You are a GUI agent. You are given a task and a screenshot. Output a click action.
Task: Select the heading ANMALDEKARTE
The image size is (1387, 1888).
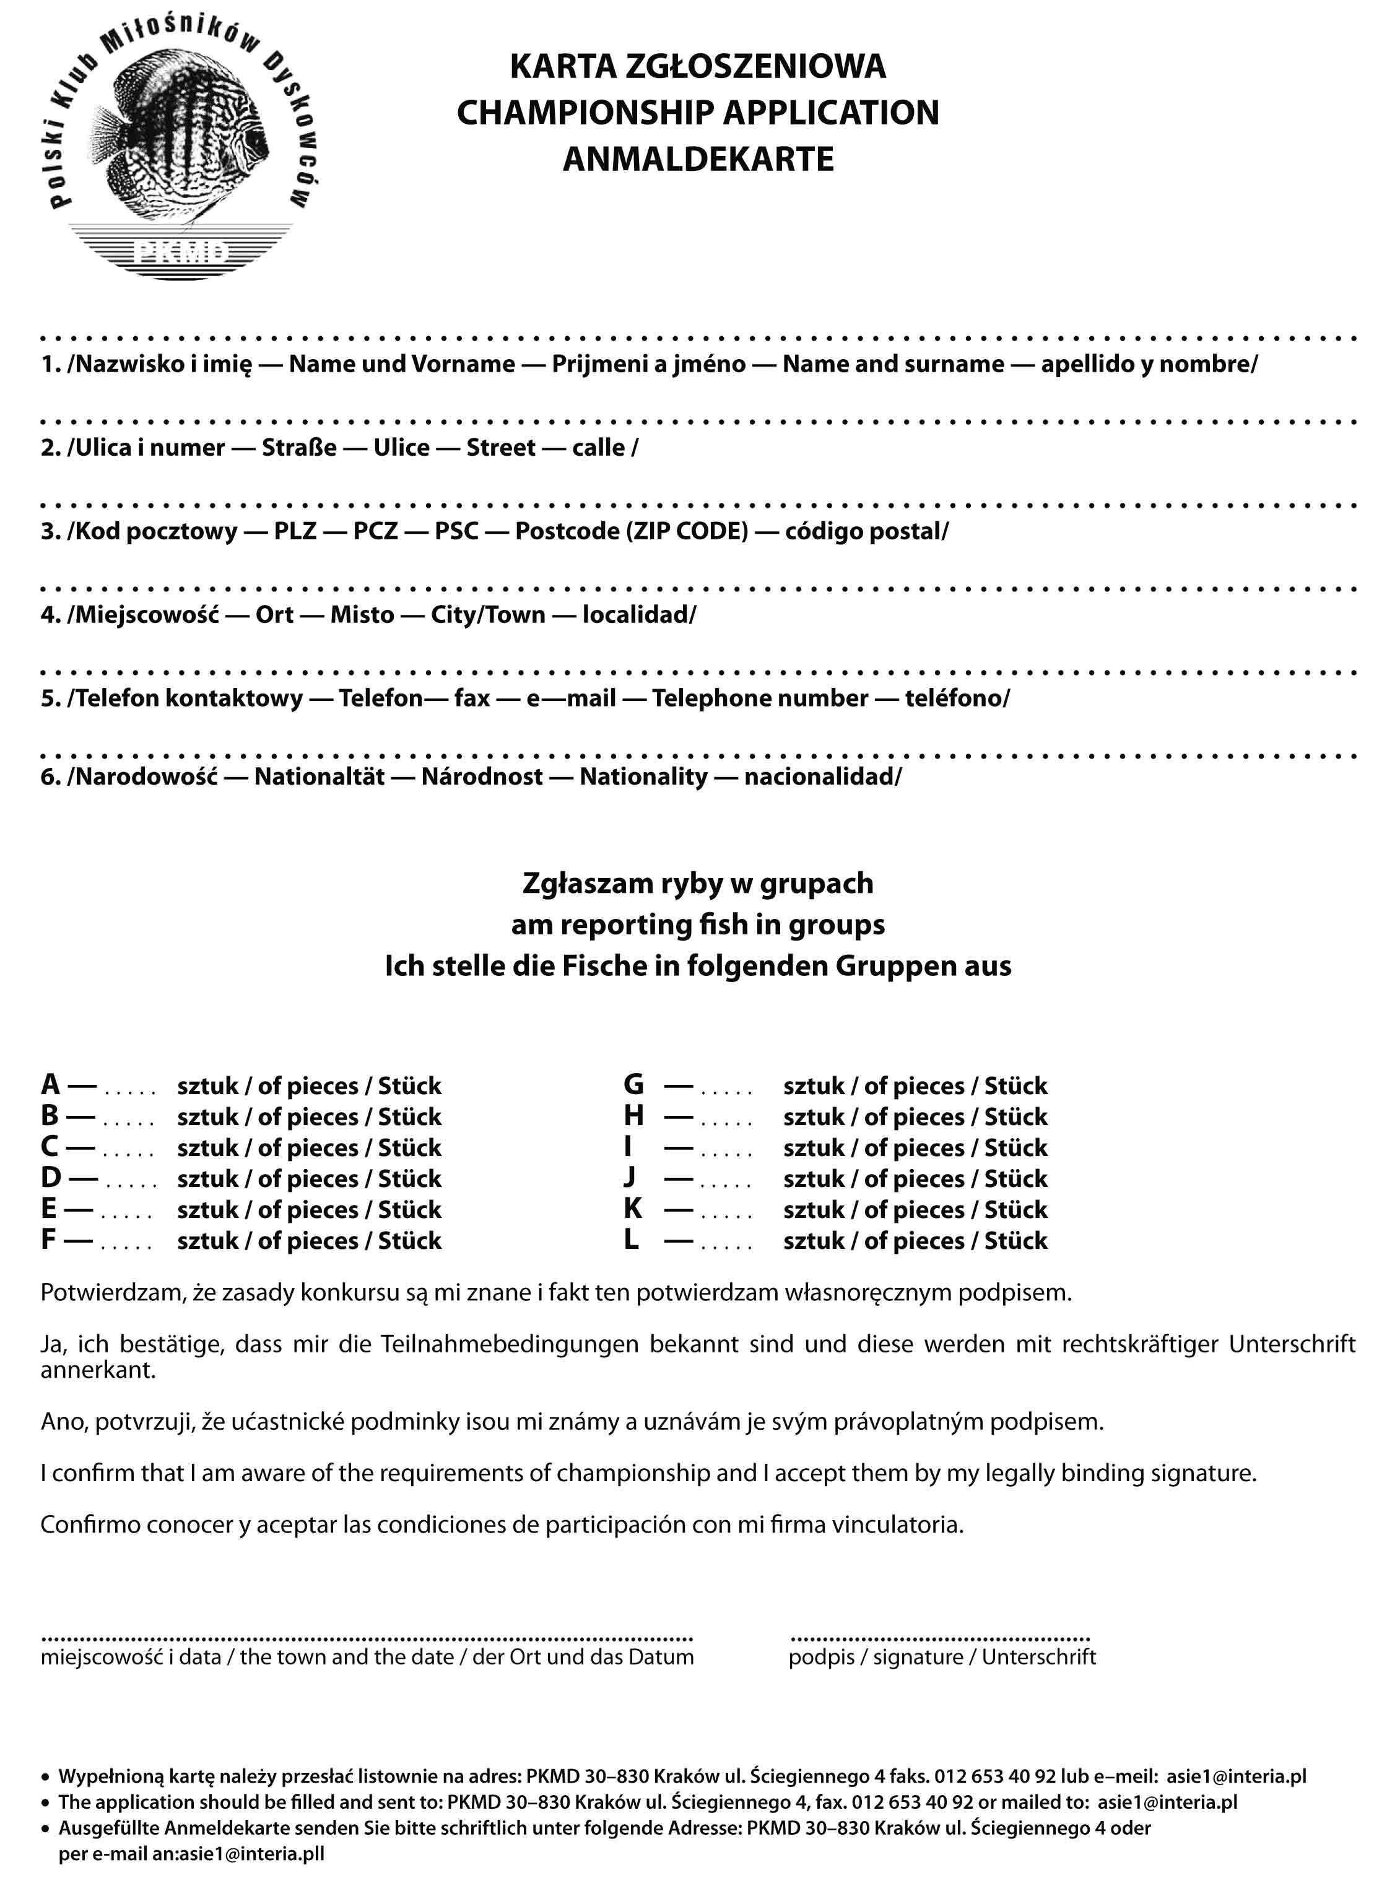point(698,159)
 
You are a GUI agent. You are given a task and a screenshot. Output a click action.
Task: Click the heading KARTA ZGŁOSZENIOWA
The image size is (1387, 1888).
point(698,66)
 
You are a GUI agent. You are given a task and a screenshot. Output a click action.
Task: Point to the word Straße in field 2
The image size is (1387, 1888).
point(299,448)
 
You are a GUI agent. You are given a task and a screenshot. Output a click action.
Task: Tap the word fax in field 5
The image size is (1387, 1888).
point(472,698)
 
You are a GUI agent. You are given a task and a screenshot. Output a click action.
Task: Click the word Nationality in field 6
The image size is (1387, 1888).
point(643,777)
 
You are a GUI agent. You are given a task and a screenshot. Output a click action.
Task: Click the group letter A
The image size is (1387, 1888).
point(50,1085)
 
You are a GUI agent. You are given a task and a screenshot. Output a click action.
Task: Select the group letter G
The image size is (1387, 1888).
point(634,1085)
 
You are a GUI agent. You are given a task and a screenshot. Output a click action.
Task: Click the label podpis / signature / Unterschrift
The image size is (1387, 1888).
point(942,1656)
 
